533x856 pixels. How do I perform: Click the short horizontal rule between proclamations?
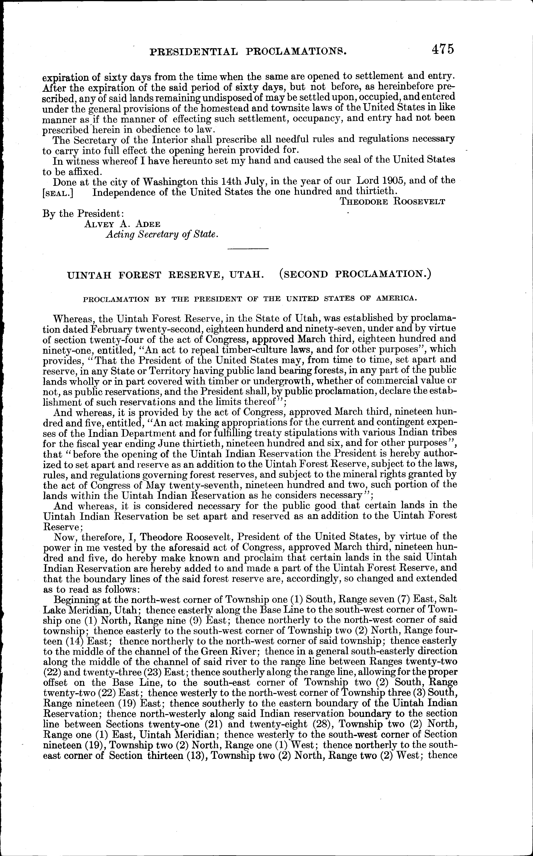248,249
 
